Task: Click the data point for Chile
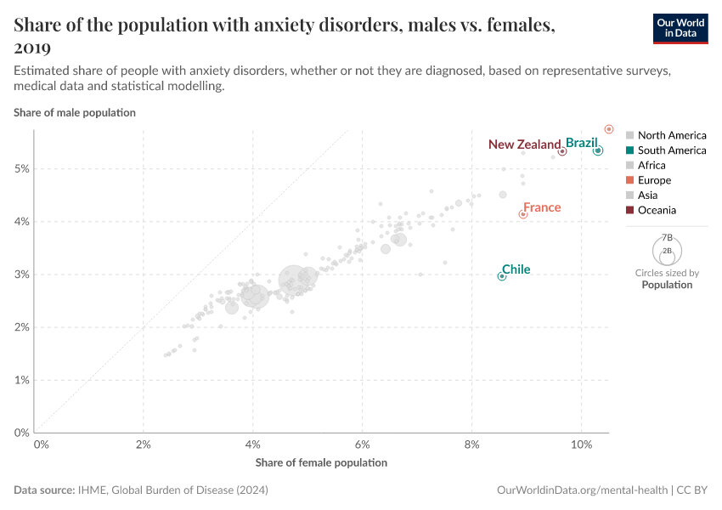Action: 502,276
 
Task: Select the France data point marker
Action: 523,214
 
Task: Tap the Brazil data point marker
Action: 598,150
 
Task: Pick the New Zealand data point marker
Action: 562,151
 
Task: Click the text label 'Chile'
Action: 516,269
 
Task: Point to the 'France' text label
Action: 542,207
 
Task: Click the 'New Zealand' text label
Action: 524,144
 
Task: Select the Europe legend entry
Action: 653,180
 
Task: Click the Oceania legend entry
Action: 657,210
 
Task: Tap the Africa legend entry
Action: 651,165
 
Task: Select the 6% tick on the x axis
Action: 363,445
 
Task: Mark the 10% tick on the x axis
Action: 582,445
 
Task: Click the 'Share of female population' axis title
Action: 321,462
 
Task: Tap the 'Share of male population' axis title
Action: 75,112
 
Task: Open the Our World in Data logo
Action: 680,28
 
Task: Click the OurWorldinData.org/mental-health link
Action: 582,490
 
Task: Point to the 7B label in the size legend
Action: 667,238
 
